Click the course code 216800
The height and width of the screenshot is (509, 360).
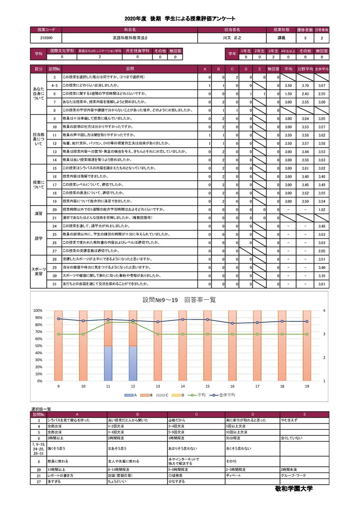[46, 38]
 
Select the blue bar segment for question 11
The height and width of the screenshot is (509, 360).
[108, 363]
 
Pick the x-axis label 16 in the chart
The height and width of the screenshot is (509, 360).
[232, 386]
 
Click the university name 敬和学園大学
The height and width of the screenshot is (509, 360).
[294, 488]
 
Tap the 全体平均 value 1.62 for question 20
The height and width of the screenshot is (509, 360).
[321, 209]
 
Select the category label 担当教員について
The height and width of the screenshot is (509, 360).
[38, 139]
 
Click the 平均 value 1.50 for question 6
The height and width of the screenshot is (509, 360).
[289, 94]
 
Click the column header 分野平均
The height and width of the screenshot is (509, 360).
[305, 69]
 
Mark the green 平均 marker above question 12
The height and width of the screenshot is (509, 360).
[133, 322]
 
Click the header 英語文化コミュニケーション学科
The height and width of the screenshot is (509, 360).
[99, 51]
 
